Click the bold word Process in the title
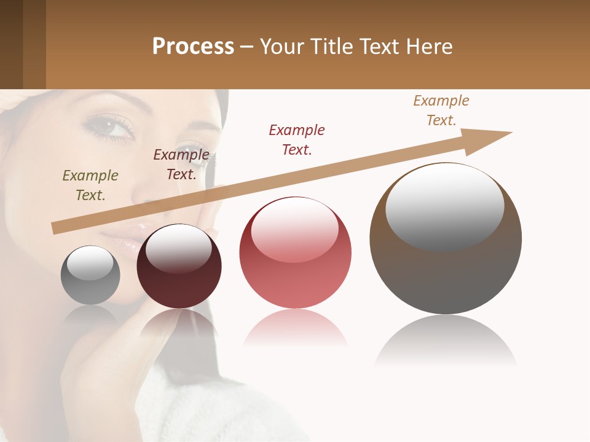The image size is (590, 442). pyautogui.click(x=193, y=47)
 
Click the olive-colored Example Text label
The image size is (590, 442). pyautogui.click(x=90, y=185)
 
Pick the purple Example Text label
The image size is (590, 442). pyautogui.click(x=181, y=165)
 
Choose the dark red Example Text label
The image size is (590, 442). pyautogui.click(x=297, y=140)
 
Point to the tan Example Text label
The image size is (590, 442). pyautogui.click(x=441, y=110)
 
